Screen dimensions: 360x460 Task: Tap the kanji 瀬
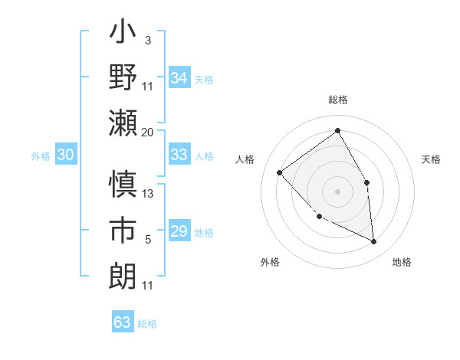123,122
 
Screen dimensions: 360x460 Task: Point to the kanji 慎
123,185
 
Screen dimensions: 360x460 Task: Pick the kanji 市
123,231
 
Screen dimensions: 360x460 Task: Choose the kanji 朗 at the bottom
123,275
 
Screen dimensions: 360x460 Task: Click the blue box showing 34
179,77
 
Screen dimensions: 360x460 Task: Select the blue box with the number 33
179,155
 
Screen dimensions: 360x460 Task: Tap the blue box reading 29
179,231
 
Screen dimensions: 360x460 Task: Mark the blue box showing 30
65,155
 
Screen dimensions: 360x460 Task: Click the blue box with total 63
122,322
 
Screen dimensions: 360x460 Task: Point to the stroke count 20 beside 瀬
147,133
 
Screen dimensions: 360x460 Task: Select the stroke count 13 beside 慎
148,194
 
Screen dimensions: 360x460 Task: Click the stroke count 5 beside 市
147,240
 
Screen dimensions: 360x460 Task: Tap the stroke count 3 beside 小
147,41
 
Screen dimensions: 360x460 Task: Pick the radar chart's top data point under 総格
337,130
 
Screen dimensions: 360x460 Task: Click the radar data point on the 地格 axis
374,242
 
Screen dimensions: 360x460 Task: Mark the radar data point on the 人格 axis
280,172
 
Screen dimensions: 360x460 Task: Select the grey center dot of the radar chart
337,191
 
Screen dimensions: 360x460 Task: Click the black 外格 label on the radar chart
270,262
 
